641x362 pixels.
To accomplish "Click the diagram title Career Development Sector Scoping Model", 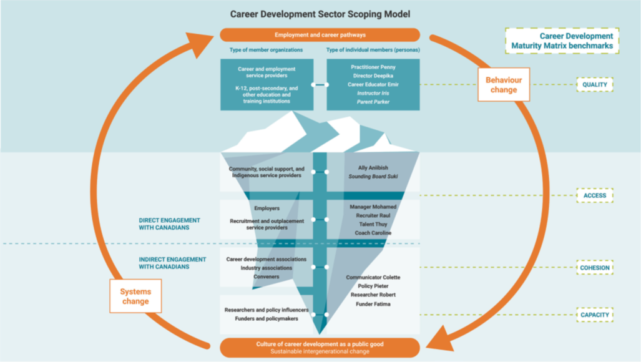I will coord(320,14).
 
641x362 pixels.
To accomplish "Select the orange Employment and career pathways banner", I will coord(320,35).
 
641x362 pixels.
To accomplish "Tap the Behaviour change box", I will coord(504,85).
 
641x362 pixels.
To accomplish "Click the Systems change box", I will coord(135,296).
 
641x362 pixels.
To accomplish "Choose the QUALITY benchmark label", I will coord(594,85).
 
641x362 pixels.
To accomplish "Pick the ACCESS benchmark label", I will coord(594,195).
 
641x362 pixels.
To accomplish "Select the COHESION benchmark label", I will coord(594,268).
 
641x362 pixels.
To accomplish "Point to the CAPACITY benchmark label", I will coord(594,315).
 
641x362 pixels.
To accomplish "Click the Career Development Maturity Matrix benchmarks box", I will coord(562,41).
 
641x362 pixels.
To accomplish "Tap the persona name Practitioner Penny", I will coord(373,67).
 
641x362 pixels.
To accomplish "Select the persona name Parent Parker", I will coord(373,102).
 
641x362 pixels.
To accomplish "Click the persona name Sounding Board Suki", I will coord(373,177).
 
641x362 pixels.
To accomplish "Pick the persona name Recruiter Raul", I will coord(373,215).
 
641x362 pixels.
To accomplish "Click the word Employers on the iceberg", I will coord(267,208).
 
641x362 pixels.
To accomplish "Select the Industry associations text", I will coord(267,268).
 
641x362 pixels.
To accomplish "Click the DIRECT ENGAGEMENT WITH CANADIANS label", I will coord(169,224).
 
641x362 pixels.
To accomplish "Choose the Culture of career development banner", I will coord(320,347).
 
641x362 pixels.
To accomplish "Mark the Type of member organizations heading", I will coord(267,50).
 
